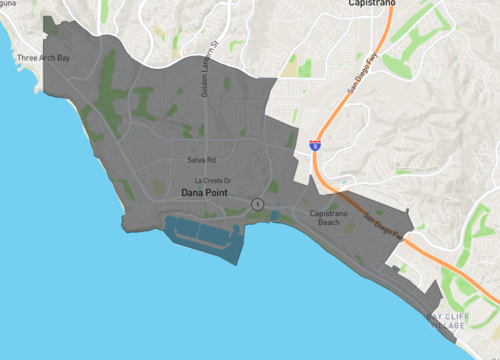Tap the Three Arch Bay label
point(43,58)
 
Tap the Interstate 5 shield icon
point(315,146)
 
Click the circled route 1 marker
point(258,204)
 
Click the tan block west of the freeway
point(290,71)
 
